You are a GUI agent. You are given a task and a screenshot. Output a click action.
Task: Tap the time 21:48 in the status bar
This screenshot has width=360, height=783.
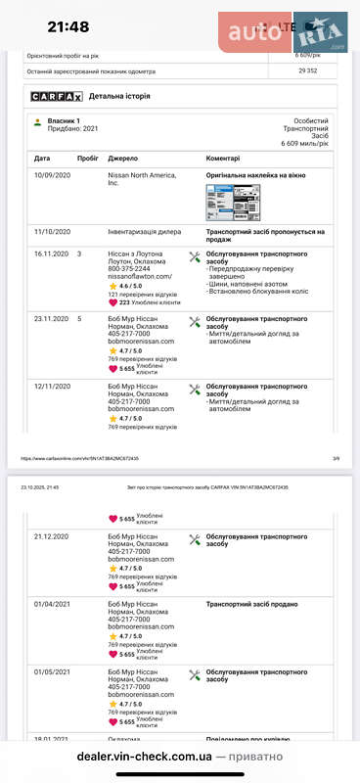click(67, 27)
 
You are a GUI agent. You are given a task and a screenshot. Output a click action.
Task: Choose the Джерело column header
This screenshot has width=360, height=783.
click(122, 158)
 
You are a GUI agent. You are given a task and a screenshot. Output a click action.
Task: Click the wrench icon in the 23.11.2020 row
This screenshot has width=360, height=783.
click(194, 321)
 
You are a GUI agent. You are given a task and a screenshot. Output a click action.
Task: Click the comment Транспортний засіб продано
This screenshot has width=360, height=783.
click(251, 604)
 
